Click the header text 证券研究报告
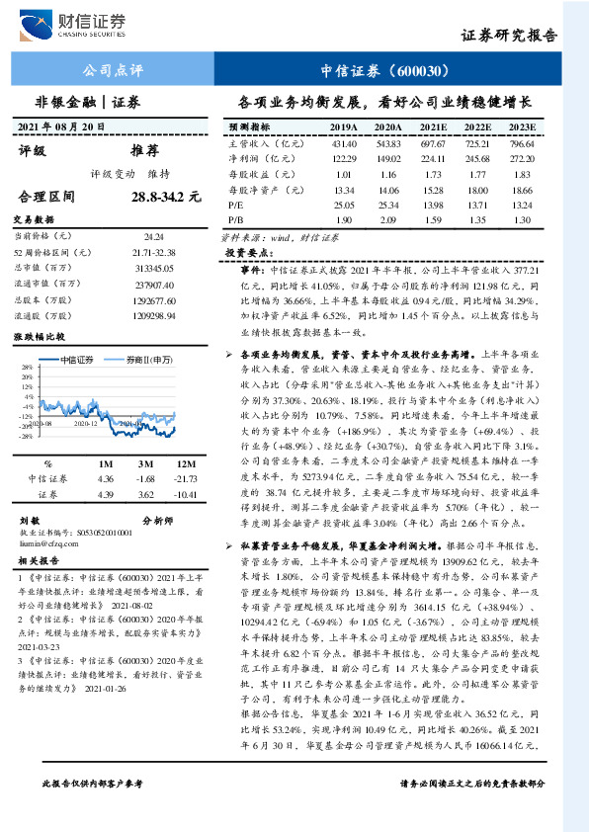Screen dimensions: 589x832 coord(509,36)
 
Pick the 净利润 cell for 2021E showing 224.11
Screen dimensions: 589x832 coord(433,158)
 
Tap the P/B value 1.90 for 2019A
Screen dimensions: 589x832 coord(343,219)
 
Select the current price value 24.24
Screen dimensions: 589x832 coord(153,237)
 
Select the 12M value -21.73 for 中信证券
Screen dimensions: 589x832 coord(186,451)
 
